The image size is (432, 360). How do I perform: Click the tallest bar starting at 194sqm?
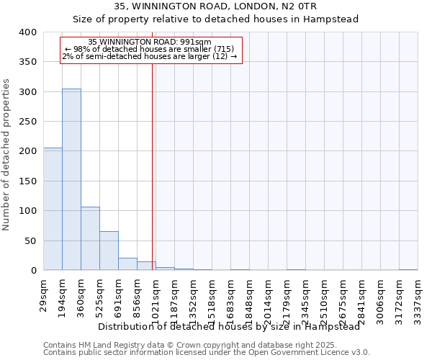tap(71, 179)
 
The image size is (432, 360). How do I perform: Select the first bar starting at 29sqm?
tap(53, 209)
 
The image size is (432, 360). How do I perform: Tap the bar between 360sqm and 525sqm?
tap(90, 238)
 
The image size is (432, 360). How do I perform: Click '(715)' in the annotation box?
tap(222, 49)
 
